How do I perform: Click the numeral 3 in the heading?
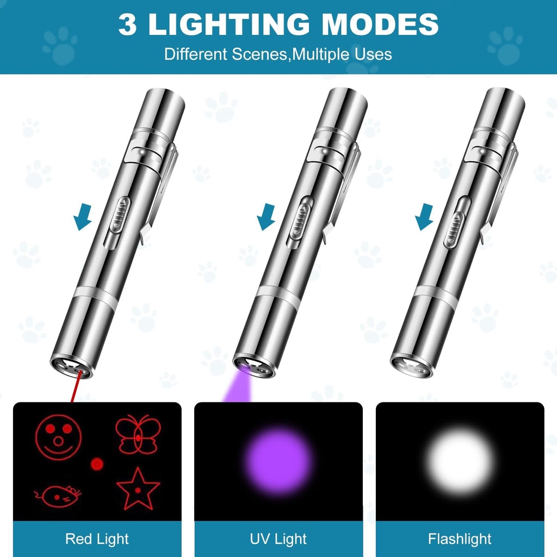pyautogui.click(x=127, y=24)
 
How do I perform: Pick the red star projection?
pyautogui.click(x=138, y=488)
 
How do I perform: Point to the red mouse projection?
pyautogui.click(x=58, y=494)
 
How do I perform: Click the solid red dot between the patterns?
pyautogui.click(x=97, y=463)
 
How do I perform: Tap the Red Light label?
pyautogui.click(x=97, y=539)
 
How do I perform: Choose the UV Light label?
pyautogui.click(x=278, y=539)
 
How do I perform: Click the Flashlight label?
pyautogui.click(x=460, y=539)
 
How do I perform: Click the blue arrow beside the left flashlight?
pyautogui.click(x=83, y=220)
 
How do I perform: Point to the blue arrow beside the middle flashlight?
pyautogui.click(x=265, y=220)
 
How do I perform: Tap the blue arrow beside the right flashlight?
pyautogui.click(x=423, y=220)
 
